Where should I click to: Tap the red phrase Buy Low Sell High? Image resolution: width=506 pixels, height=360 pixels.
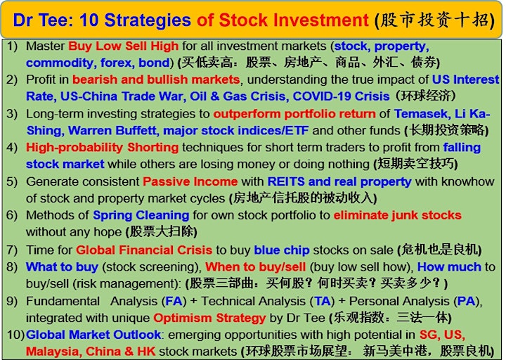(x=123, y=46)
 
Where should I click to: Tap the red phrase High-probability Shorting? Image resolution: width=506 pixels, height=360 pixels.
(x=103, y=148)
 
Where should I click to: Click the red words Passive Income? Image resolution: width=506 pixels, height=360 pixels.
(x=190, y=181)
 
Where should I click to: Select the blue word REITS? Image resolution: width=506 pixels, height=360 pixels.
(x=286, y=181)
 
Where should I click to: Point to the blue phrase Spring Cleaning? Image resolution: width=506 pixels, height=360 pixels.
(x=141, y=215)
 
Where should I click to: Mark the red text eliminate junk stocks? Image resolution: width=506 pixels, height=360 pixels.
(x=398, y=215)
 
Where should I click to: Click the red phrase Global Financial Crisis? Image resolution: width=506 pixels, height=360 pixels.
(x=144, y=250)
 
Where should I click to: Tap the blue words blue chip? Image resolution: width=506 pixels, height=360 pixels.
(x=282, y=250)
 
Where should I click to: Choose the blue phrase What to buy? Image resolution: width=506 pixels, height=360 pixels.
(x=62, y=266)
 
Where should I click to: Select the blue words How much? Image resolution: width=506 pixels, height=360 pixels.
(x=449, y=266)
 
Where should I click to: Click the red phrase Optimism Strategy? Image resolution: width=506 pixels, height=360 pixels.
(x=209, y=318)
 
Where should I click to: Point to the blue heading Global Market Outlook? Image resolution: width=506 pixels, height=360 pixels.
(x=93, y=335)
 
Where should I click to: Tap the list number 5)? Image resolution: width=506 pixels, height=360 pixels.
(x=12, y=181)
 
